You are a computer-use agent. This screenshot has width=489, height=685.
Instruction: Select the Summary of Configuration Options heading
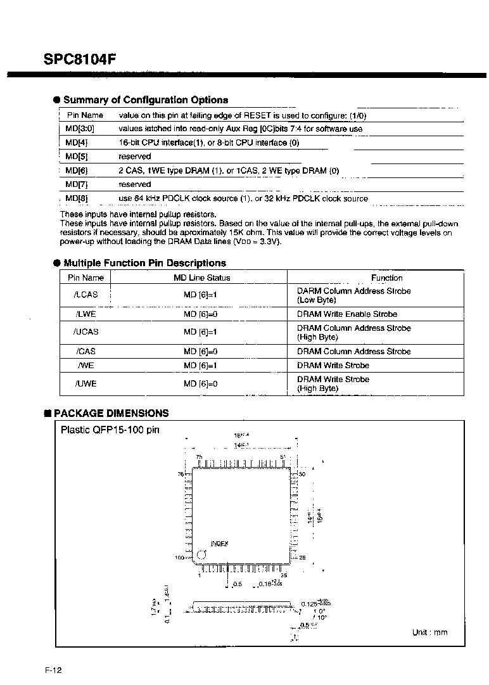146,100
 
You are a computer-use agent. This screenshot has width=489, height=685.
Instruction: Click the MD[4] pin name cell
77,143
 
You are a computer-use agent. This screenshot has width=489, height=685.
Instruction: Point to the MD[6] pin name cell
77,170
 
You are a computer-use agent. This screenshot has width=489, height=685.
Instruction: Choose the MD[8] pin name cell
77,198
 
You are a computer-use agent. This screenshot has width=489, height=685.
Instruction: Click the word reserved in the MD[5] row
135,157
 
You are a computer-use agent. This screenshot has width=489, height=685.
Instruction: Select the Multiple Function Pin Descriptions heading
144,263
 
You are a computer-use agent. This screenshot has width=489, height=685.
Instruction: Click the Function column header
386,278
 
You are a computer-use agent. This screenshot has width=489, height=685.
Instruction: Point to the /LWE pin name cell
86,314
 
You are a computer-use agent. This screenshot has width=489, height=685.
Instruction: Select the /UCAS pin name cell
86,331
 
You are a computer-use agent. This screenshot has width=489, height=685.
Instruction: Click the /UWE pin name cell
86,383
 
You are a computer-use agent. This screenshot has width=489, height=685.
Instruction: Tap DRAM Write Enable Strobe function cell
347,314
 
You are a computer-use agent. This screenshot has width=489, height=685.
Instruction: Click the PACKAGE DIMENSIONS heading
111,413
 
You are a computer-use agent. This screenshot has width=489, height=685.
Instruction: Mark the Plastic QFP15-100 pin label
110,430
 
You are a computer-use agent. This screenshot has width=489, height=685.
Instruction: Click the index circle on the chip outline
202,554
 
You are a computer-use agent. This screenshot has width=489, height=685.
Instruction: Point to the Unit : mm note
429,632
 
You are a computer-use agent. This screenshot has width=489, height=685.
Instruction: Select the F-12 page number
53,670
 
